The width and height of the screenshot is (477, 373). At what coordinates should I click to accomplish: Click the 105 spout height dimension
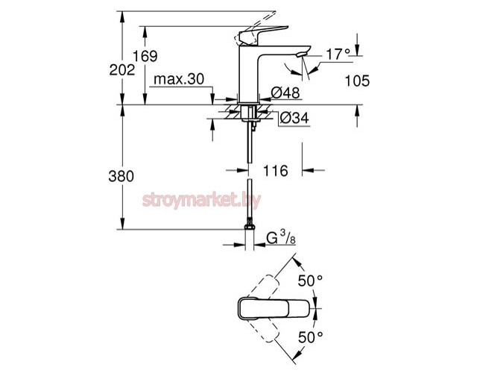pyautogui.click(x=357, y=81)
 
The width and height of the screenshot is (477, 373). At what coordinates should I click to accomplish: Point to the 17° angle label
pyautogui.click(x=338, y=54)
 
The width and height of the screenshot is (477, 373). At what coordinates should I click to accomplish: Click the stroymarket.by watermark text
pyautogui.click(x=215, y=200)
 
